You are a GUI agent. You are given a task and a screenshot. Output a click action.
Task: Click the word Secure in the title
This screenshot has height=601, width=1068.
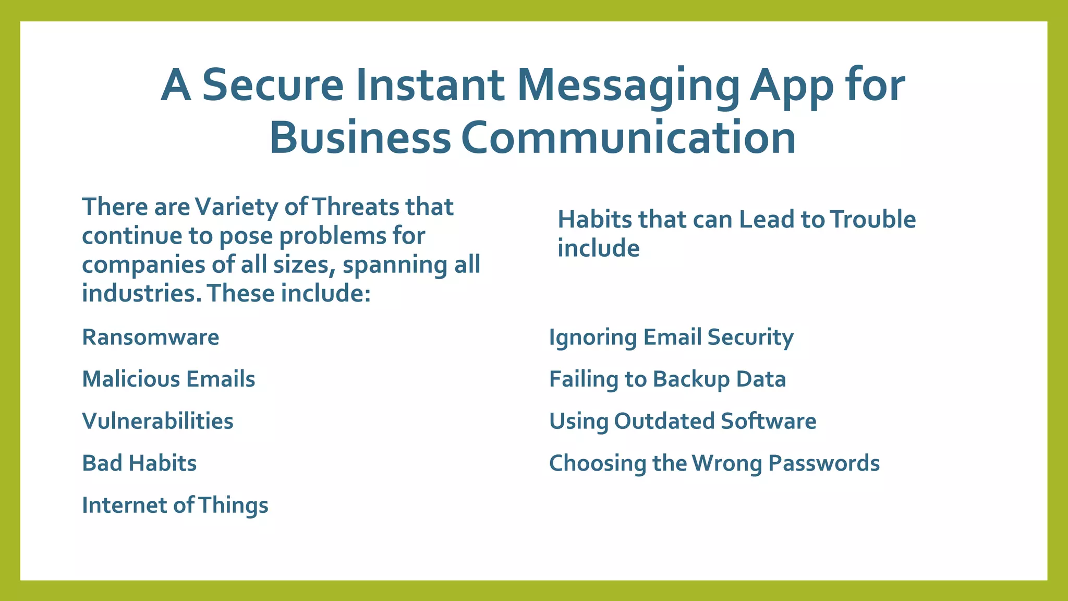coord(273,85)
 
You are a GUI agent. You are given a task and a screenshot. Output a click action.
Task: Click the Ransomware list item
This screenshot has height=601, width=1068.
coord(151,337)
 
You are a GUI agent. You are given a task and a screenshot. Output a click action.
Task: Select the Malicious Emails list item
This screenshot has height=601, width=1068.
coord(168,379)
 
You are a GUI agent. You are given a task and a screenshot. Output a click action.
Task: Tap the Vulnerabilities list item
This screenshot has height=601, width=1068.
coord(157,421)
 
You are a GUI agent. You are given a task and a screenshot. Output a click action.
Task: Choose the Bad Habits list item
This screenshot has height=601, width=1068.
coord(139,463)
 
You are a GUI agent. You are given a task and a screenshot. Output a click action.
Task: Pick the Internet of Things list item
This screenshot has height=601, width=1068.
coord(175,505)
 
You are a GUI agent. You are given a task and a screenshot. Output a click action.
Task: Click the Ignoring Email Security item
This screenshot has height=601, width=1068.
coord(671,338)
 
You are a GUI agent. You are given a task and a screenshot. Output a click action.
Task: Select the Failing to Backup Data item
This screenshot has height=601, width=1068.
coord(667,379)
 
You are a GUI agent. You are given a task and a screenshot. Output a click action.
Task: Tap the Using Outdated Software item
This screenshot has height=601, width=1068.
coord(683,421)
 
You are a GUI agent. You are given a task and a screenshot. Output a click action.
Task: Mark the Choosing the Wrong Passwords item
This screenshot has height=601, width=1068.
coord(714,463)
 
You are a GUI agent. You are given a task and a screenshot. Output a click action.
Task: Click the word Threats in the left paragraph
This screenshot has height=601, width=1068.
coord(355,207)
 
